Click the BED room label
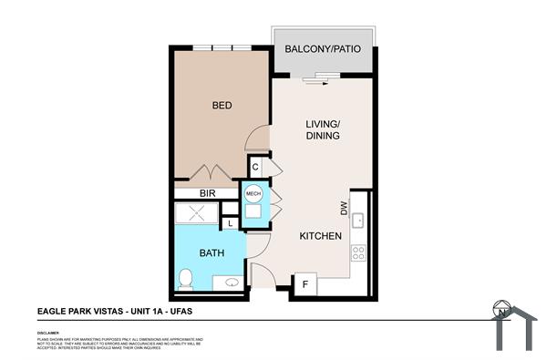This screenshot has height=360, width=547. [222, 106]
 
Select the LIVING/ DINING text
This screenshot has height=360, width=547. [322, 129]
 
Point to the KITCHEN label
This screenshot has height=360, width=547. [321, 236]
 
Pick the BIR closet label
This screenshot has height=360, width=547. [207, 193]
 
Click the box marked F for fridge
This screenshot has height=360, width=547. [304, 284]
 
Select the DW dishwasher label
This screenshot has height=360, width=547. [345, 209]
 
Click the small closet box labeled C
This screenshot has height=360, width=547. [256, 167]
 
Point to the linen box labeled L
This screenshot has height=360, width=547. [231, 223]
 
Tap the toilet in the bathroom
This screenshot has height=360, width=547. [185, 278]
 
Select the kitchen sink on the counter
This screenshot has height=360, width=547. [358, 219]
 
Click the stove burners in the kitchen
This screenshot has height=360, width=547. [358, 251]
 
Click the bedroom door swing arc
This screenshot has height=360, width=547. [259, 139]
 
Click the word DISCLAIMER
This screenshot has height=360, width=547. [48, 334]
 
